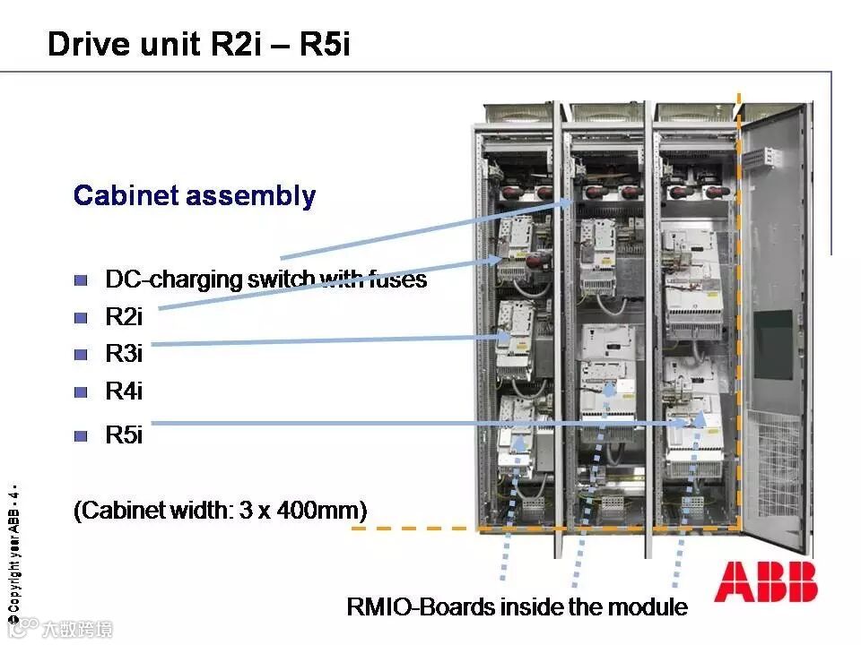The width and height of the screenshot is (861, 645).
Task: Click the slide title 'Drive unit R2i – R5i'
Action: pyautogui.click(x=198, y=44)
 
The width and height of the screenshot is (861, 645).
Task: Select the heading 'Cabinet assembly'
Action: pyautogui.click(x=194, y=196)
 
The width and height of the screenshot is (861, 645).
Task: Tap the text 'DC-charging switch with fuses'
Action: pyautogui.click(x=265, y=279)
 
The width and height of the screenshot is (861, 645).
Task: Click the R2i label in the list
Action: pyautogui.click(x=124, y=316)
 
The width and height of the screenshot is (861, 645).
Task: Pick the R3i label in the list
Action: pyautogui.click(x=124, y=353)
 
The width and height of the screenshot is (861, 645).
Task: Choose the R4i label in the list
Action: pyautogui.click(x=124, y=391)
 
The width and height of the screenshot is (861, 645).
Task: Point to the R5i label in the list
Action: pyautogui.click(x=124, y=436)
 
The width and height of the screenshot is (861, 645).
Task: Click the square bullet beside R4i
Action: pyautogui.click(x=82, y=391)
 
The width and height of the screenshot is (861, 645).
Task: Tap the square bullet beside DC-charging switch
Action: pyautogui.click(x=82, y=280)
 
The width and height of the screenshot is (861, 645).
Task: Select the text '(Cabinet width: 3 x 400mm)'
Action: pyautogui.click(x=221, y=511)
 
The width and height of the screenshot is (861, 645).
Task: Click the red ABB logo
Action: pyautogui.click(x=766, y=582)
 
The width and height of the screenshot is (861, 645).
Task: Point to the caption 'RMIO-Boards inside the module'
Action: pyautogui.click(x=517, y=606)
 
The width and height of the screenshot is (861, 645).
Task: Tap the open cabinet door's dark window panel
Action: pyautogui.click(x=773, y=344)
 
